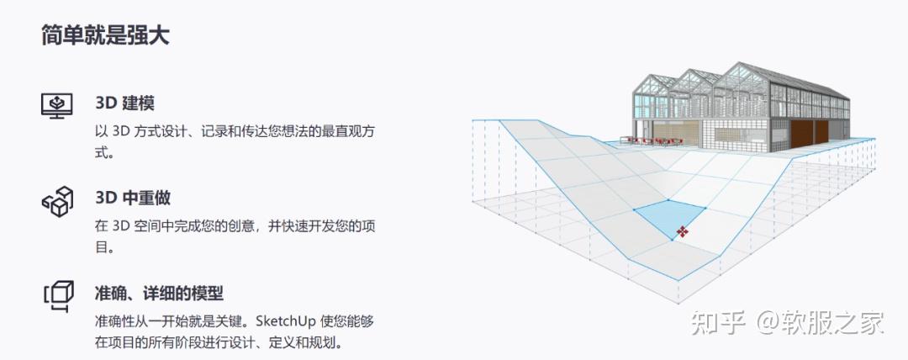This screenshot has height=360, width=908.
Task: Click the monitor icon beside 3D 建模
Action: pyautogui.click(x=57, y=106)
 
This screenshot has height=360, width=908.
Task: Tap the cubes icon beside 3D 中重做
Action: pyautogui.click(x=57, y=201)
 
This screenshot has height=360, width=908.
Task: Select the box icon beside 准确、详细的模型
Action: pyautogui.click(x=57, y=295)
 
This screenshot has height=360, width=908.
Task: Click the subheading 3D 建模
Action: pyautogui.click(x=125, y=103)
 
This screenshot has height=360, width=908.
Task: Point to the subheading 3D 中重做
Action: pyautogui.click(x=134, y=199)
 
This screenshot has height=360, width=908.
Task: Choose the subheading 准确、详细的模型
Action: pyautogui.click(x=159, y=294)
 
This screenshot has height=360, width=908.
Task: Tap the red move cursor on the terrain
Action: pyautogui.click(x=683, y=230)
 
